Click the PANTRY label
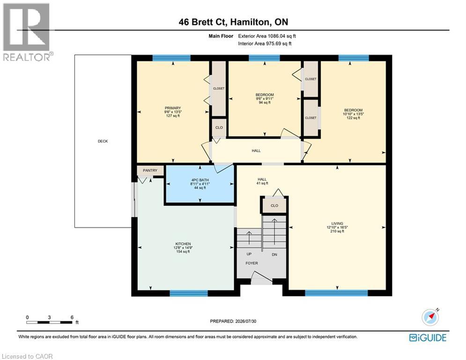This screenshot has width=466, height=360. coord(150,171)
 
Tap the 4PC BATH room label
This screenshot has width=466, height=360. coord(200,180)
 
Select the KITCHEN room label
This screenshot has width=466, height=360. coord(183,244)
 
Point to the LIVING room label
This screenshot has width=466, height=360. coord(337,224)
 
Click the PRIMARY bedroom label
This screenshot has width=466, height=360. coord(173,108)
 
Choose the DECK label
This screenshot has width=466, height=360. coord(103,141)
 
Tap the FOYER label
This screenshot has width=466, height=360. coord(251,263)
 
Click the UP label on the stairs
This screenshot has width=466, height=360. coord(249,254)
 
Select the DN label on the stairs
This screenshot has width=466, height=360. coord(274,255)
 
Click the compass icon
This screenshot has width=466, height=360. coord(430,317)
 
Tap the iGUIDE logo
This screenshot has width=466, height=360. coord(428,337)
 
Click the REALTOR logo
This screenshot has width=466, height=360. coord(27,32)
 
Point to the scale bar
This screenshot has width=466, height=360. coord(49,322)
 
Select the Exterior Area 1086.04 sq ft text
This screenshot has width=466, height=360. coord(267,36)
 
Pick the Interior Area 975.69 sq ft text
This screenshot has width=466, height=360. coord(265,44)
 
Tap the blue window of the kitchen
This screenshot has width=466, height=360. coord(189,293)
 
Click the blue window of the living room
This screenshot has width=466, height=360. coord(336,293)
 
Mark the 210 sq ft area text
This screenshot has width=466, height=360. coord(337,231)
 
